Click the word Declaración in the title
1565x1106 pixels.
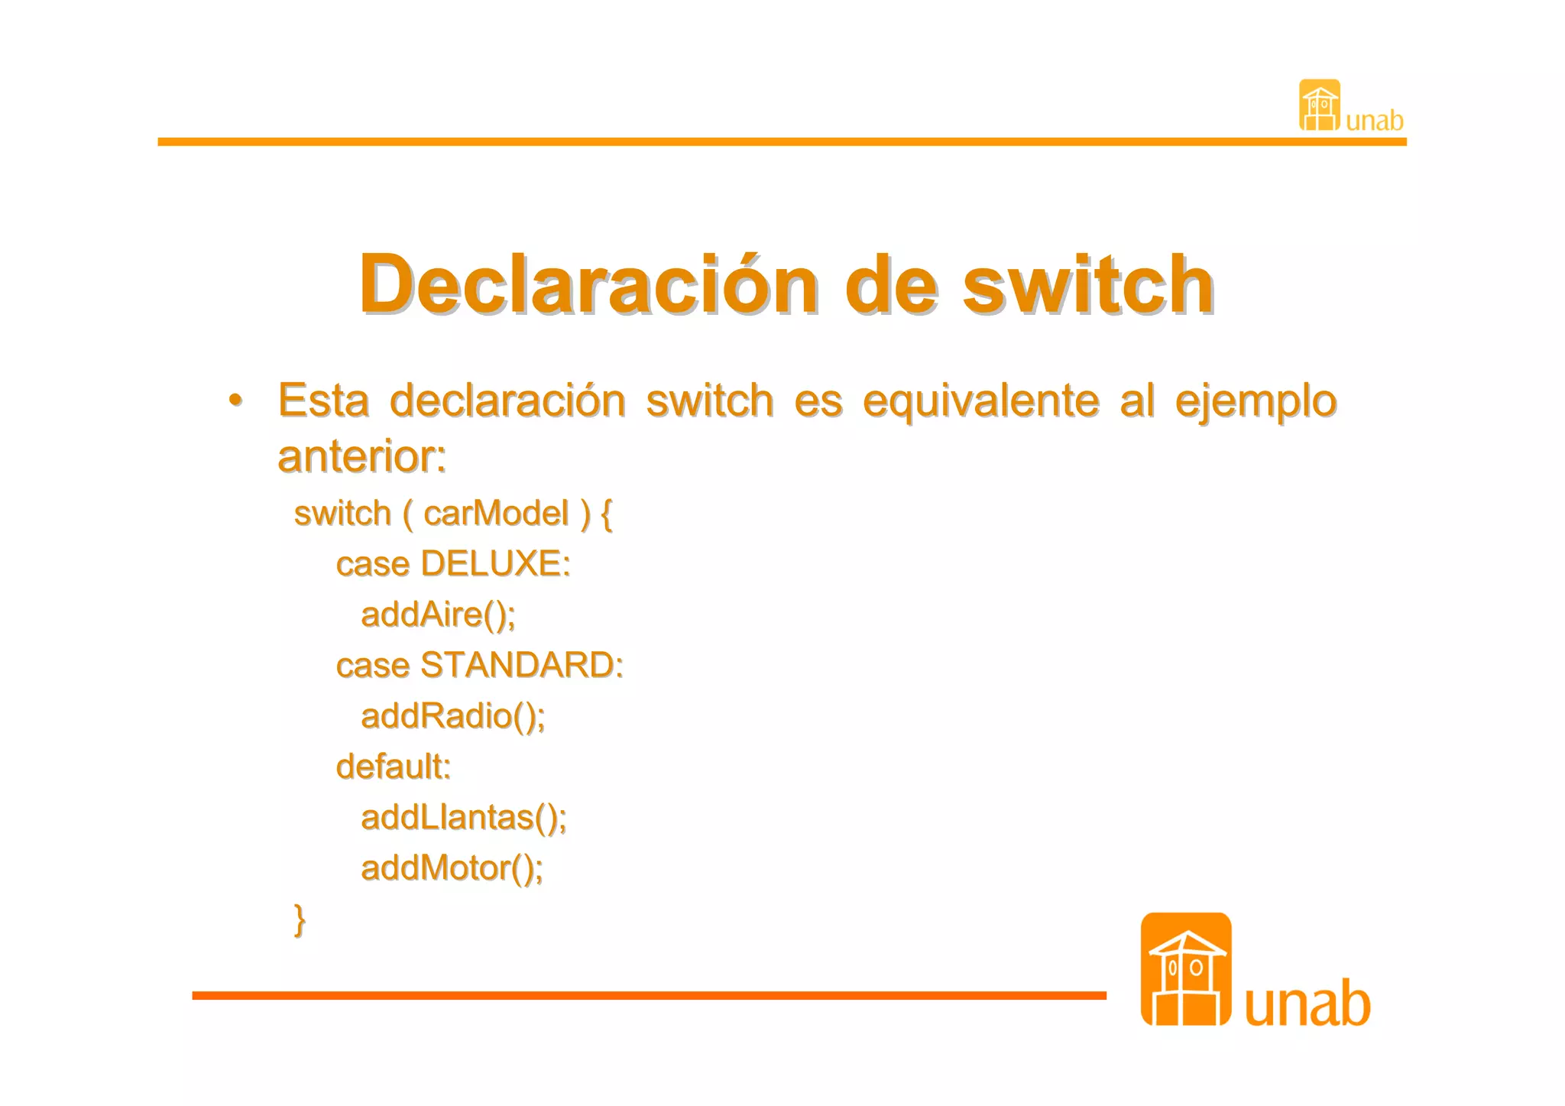point(588,284)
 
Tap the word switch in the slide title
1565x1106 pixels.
point(1087,284)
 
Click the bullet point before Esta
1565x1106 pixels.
point(236,400)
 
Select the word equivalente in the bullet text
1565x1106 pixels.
point(981,401)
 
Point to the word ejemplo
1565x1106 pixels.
point(1256,401)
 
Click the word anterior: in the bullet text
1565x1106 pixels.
point(361,456)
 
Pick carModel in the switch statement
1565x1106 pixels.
point(496,513)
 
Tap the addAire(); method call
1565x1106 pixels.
point(438,615)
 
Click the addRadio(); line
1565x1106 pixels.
point(452,716)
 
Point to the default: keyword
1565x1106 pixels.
point(393,767)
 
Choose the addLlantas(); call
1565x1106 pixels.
point(463,818)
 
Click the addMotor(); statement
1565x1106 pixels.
point(452,868)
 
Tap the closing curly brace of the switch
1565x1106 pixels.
point(300,919)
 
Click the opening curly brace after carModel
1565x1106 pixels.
point(607,513)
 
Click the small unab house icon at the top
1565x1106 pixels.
point(1319,105)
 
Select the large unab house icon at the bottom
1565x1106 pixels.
point(1185,968)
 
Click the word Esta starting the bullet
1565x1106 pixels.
point(323,401)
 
